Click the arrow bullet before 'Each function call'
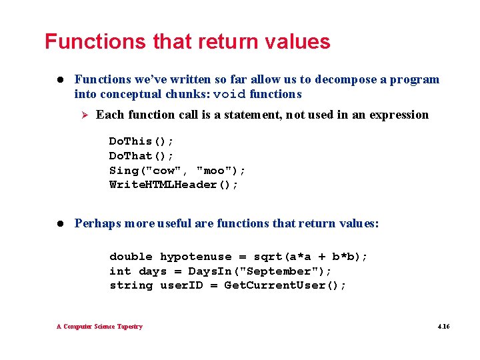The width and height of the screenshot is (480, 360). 83,115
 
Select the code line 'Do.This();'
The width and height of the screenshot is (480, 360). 141,141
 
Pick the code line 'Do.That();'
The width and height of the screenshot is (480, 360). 141,156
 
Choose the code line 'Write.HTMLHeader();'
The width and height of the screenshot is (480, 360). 173,185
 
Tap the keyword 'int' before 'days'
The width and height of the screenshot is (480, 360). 120,271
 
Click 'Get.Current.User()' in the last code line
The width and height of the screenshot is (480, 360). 285,285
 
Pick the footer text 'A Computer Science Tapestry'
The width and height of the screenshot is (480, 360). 99,327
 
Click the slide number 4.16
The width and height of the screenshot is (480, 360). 443,327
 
